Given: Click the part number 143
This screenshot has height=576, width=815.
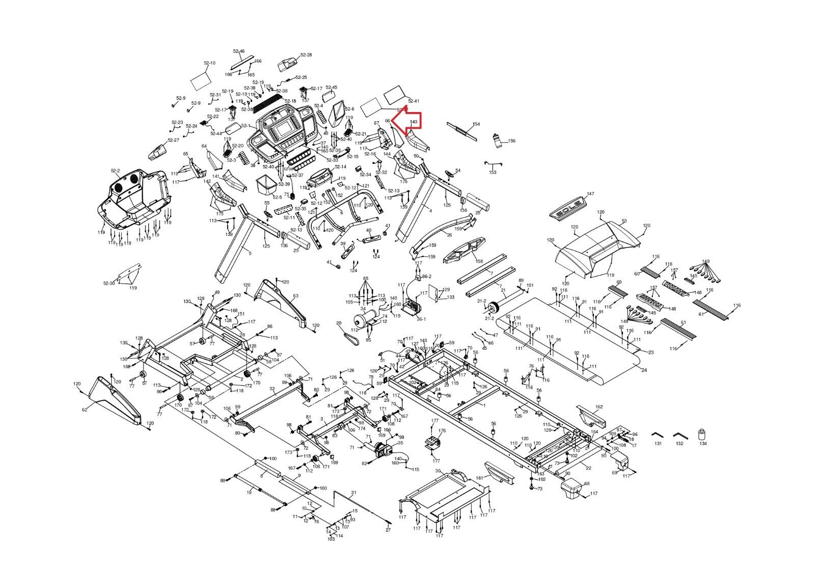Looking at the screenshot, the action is (414, 122).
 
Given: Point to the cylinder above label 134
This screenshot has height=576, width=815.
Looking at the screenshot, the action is (703, 435).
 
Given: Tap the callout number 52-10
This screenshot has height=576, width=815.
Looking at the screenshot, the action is (209, 63).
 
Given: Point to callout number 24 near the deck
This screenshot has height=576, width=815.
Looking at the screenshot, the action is (644, 370).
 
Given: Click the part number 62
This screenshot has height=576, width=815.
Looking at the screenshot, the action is (85, 409).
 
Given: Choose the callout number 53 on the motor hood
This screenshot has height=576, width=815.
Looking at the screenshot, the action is (624, 221).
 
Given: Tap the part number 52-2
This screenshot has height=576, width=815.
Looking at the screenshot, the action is (115, 171).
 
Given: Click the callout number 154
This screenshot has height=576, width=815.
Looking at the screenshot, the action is (476, 124).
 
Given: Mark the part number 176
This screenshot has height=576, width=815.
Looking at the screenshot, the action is (442, 431).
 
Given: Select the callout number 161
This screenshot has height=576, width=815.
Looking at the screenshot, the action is (478, 478).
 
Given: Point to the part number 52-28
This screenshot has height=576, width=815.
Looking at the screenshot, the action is (306, 54).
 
